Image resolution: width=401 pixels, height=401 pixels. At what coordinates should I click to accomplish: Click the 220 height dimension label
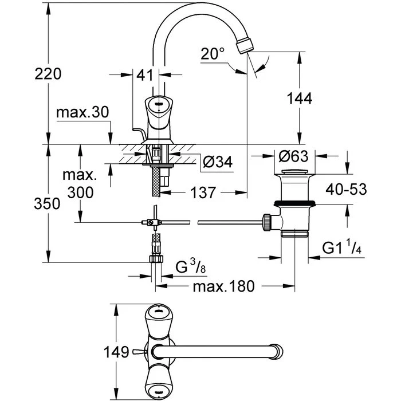pyautogui.click(x=48, y=74)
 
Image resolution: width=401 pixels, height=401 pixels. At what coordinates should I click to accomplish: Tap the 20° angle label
pyautogui.click(x=213, y=54)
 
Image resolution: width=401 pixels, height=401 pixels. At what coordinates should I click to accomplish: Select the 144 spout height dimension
pyautogui.click(x=300, y=98)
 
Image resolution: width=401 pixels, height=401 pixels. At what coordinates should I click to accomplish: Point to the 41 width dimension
pyautogui.click(x=144, y=75)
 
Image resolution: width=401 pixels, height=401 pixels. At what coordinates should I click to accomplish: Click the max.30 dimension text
pyautogui.click(x=82, y=112)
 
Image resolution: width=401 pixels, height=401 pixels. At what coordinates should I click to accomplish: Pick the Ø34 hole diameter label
pyautogui.click(x=218, y=162)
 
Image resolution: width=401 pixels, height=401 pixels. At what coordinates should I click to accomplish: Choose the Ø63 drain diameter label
pyautogui.click(x=293, y=156)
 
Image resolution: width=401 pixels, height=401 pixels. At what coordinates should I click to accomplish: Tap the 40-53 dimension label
pyautogui.click(x=346, y=189)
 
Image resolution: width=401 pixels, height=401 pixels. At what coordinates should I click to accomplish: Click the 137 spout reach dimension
pyautogui.click(x=203, y=192)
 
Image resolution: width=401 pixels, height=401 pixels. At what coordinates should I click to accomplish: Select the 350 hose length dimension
pyautogui.click(x=48, y=204)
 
